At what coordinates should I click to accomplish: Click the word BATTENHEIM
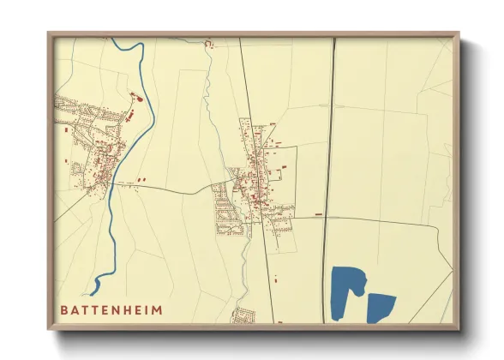(x=111, y=309)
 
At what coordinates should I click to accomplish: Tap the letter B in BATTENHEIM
(x=64, y=309)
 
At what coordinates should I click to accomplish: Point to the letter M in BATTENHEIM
(x=156, y=309)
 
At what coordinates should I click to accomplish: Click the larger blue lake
(x=346, y=291)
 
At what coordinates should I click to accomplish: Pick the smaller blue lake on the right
(x=380, y=307)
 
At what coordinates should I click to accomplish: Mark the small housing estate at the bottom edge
(x=243, y=315)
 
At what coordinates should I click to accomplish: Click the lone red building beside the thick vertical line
(x=319, y=213)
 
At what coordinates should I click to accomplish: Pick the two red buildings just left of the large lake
(x=277, y=278)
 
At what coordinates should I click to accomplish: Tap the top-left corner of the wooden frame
(x=50, y=34)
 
